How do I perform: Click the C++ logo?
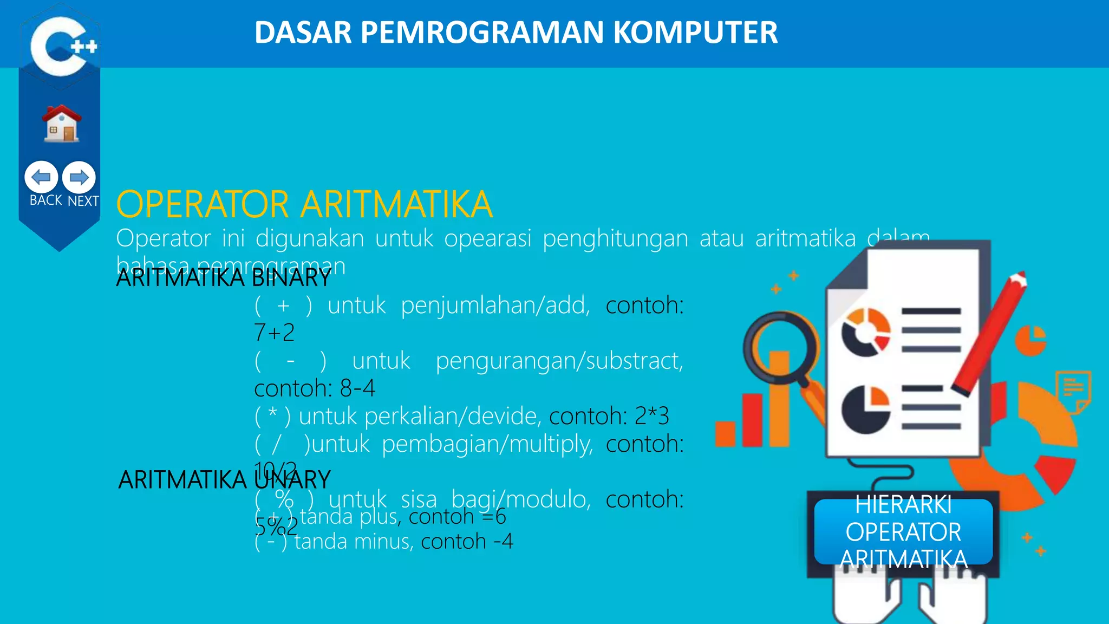pos(61,46)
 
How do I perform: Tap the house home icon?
pos(62,124)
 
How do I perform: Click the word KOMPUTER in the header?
pos(695,32)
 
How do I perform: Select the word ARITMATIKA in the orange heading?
pos(396,205)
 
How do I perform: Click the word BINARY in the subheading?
pos(291,278)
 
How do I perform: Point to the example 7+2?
pos(274,333)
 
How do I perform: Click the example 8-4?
pos(357,388)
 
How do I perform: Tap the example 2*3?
pos(651,416)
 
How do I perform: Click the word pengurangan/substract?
pos(559,361)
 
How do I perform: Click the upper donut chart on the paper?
pos(865,332)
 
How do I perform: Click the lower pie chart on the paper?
pos(865,409)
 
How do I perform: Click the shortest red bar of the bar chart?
pos(725,434)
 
